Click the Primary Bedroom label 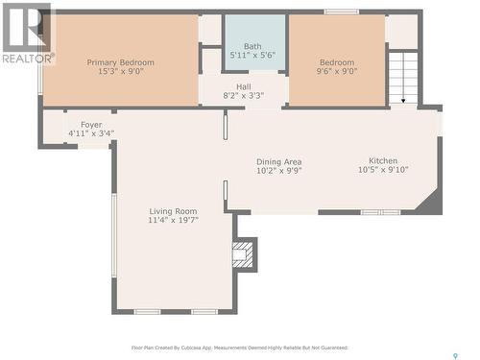[x=120, y=62]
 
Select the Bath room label [x=252, y=45]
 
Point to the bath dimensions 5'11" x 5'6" [x=252, y=56]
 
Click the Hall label [x=244, y=86]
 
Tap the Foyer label [x=91, y=125]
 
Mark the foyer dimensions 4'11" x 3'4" [x=91, y=134]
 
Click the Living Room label [x=173, y=211]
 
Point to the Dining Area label [x=278, y=161]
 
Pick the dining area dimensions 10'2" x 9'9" [x=278, y=172]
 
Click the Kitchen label [x=383, y=160]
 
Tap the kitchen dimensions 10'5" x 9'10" [x=383, y=171]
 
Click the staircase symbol [x=403, y=77]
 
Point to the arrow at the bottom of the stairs [x=404, y=99]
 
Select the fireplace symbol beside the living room [x=244, y=255]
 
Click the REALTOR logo [x=27, y=35]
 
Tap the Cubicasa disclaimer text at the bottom [x=239, y=348]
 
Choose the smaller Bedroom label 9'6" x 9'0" [x=337, y=62]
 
